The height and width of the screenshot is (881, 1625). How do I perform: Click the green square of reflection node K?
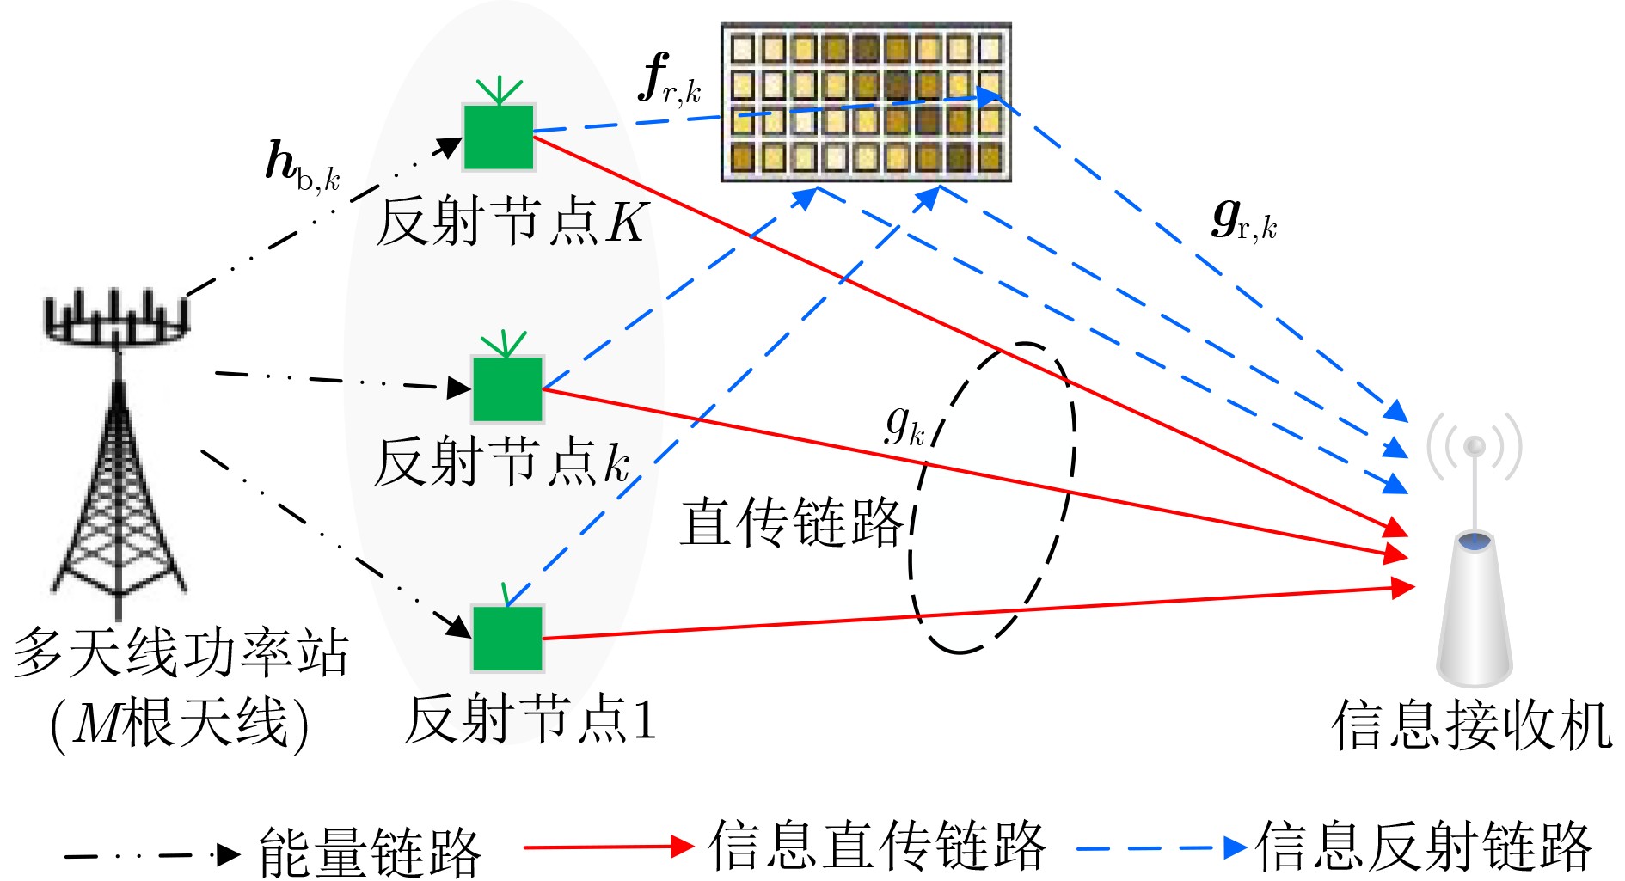click(499, 137)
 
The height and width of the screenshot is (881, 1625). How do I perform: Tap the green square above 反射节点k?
click(507, 388)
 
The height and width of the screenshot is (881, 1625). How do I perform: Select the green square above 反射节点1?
click(507, 639)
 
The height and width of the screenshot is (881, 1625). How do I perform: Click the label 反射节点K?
click(512, 222)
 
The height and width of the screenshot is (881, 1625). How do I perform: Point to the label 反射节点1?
click(530, 719)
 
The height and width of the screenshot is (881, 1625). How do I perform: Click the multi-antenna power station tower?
click(117, 447)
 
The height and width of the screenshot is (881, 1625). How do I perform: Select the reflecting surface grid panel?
click(866, 102)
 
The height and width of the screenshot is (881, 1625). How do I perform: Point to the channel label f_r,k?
click(670, 80)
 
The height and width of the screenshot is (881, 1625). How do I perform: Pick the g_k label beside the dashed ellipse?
click(905, 425)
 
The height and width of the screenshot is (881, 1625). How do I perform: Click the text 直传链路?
click(791, 522)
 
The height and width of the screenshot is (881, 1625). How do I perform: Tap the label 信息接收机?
click(1472, 725)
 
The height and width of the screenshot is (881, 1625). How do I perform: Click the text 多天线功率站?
click(181, 652)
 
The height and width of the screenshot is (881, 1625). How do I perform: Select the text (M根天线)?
click(180, 724)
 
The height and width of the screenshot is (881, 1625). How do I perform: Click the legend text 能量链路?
click(370, 852)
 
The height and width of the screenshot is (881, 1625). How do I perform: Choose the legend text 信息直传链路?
click(877, 846)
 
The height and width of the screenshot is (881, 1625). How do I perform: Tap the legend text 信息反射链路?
click(1424, 847)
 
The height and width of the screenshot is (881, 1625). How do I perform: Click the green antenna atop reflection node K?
click(499, 90)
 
